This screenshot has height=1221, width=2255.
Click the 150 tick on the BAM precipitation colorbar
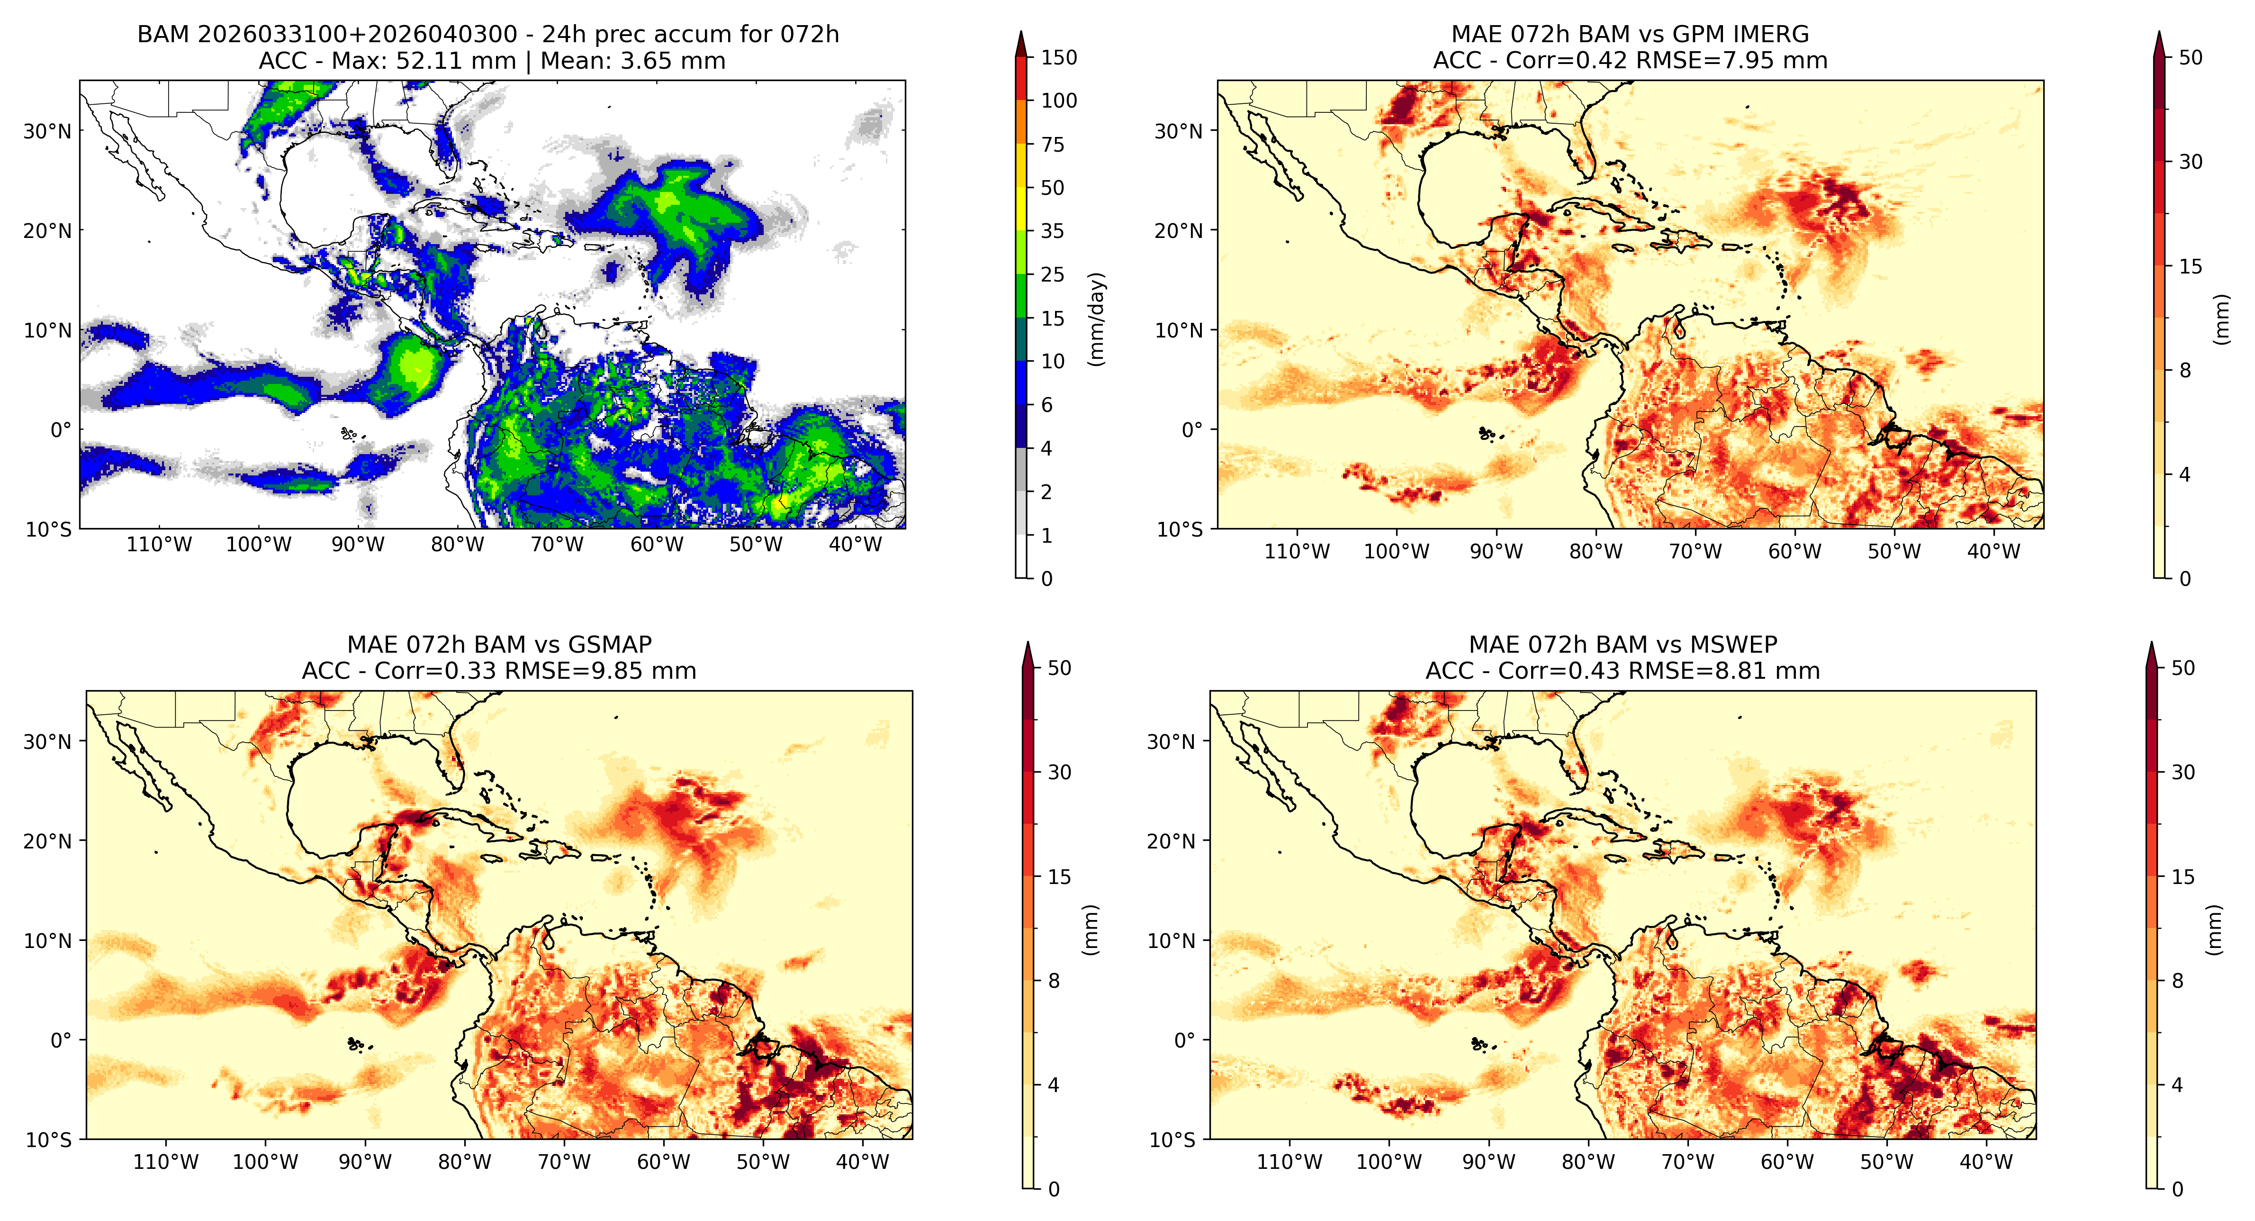click(x=1058, y=58)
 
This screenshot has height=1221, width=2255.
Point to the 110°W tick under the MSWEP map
click(x=1290, y=1162)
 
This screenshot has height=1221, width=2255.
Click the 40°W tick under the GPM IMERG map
click(x=1994, y=552)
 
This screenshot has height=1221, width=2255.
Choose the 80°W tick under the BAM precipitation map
click(x=457, y=545)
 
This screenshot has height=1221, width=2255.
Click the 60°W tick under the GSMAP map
click(x=664, y=1162)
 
